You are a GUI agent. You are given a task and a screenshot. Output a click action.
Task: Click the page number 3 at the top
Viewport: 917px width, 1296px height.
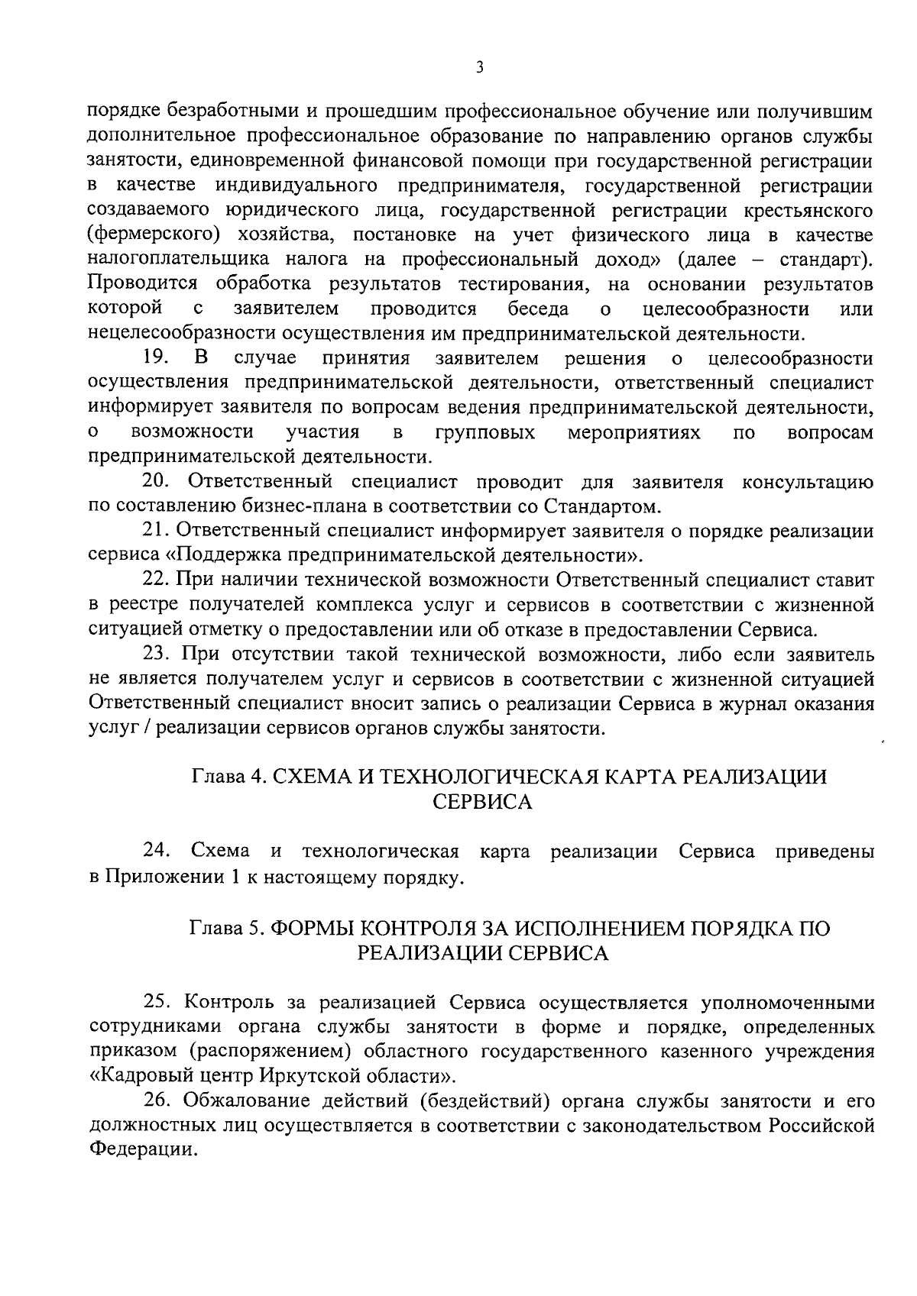pos(479,68)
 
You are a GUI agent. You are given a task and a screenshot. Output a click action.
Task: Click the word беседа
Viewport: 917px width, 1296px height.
pos(538,309)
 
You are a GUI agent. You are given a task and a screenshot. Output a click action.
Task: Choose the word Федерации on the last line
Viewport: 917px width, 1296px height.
pos(138,1151)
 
